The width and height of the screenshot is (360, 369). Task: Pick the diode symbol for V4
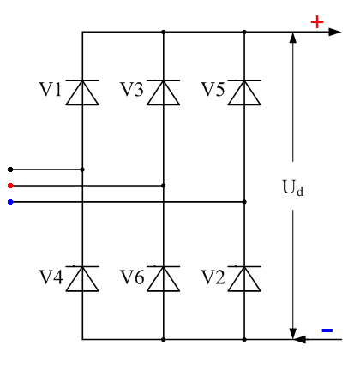tap(82, 278)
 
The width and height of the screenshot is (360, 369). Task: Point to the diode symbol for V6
tap(163, 278)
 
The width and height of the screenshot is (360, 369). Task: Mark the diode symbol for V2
tap(244, 278)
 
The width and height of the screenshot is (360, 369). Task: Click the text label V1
tap(50, 89)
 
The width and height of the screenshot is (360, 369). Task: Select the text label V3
tap(131, 89)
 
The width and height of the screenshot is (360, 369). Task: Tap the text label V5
tap(213, 89)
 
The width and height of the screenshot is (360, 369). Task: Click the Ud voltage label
tap(293, 186)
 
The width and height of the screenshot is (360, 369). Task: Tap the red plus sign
tap(317, 21)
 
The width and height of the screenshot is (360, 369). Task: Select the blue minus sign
tap(327, 330)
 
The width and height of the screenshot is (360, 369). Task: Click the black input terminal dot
tap(9, 170)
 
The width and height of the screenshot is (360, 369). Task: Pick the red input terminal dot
tap(9, 185)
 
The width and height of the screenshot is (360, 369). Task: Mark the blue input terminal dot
tap(9, 202)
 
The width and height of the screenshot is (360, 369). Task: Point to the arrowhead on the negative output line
tap(300, 339)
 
